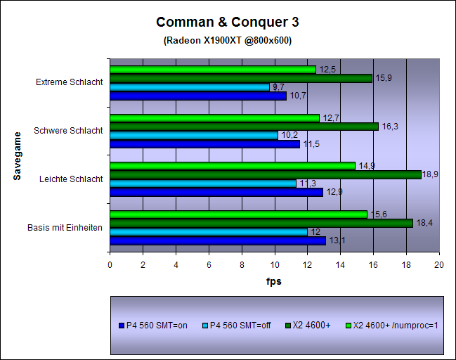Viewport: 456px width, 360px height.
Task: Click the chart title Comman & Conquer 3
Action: point(227,22)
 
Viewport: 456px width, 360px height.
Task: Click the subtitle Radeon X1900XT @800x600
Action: point(227,40)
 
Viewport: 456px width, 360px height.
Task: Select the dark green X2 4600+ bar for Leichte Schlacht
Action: point(265,174)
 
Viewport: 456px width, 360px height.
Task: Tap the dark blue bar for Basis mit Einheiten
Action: point(217,240)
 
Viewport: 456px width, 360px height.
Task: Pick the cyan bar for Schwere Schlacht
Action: point(193,135)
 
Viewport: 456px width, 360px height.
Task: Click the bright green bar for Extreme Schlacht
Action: point(212,70)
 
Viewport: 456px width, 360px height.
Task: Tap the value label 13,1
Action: point(337,240)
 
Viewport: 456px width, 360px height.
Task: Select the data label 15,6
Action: point(377,214)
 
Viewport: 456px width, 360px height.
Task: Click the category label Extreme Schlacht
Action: point(69,82)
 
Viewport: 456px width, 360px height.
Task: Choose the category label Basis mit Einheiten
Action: point(65,227)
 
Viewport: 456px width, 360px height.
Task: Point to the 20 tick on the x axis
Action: point(439,264)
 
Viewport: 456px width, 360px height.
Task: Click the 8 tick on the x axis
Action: point(242,264)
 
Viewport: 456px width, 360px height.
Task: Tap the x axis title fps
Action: point(273,281)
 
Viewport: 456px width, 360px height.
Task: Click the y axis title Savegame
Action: point(17,155)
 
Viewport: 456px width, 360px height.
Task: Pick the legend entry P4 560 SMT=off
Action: point(239,326)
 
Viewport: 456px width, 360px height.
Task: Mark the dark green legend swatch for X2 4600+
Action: point(290,326)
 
